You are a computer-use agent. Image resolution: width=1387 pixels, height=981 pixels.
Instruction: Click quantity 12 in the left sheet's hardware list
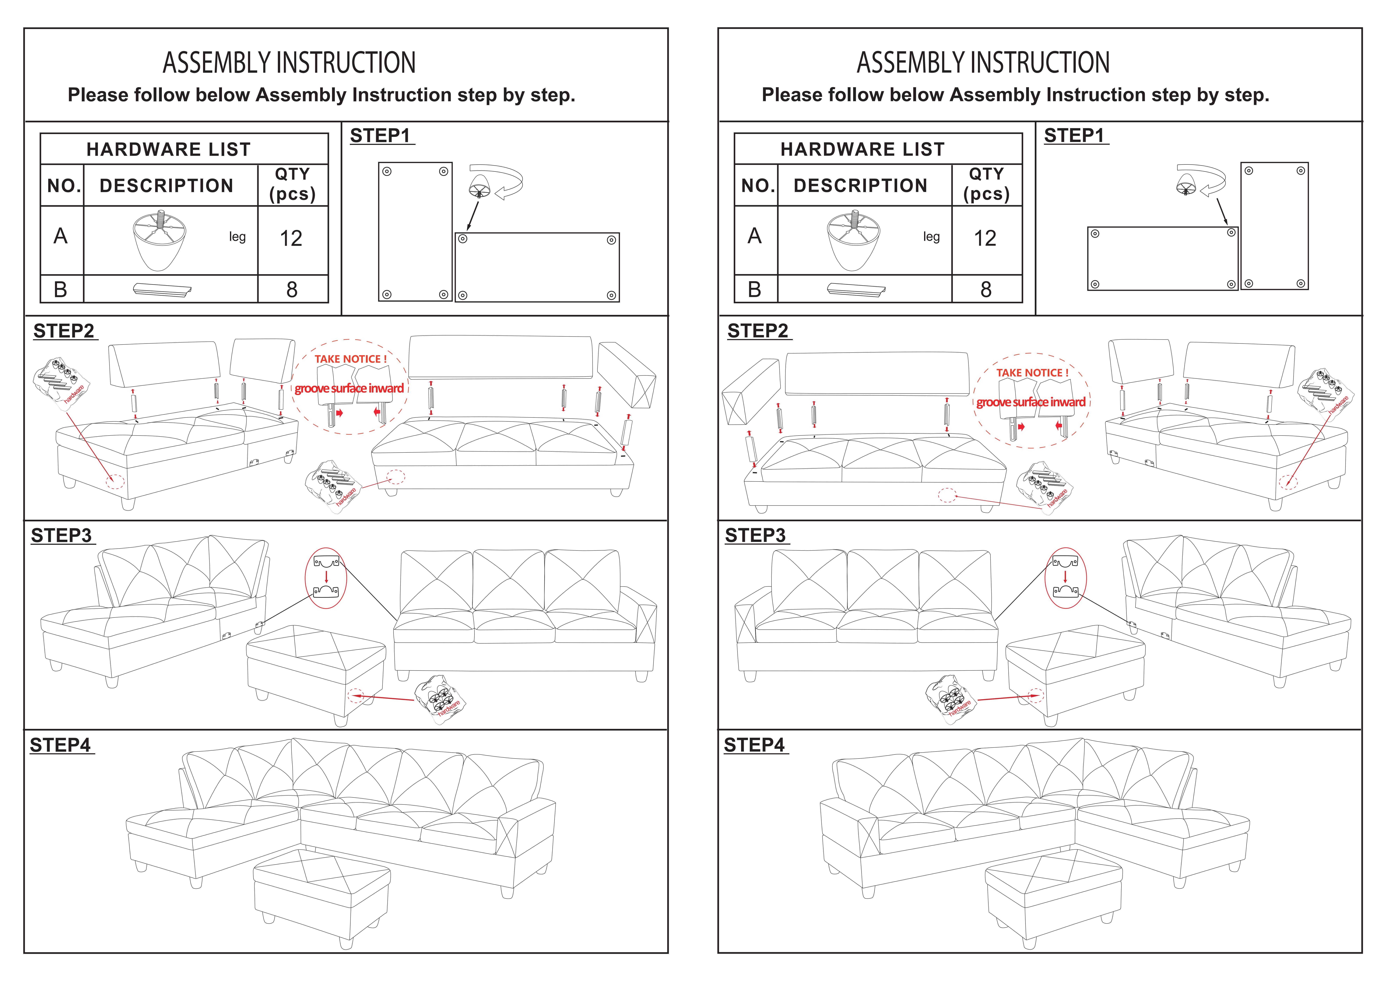coord(291,239)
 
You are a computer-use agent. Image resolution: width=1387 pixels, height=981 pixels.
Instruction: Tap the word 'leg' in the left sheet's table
coord(237,237)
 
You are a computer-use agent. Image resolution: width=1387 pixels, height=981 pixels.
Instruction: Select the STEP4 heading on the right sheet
coord(755,745)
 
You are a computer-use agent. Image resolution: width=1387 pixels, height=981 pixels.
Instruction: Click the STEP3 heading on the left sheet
coord(62,536)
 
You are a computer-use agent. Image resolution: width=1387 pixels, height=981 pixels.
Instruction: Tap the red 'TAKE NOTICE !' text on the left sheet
coord(350,359)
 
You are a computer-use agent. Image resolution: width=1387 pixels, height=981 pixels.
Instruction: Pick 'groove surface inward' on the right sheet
coord(1031,402)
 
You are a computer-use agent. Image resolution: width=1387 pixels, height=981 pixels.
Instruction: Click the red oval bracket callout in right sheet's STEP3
coord(1066,577)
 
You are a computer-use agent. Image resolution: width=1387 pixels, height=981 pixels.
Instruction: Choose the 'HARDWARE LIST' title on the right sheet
coord(862,149)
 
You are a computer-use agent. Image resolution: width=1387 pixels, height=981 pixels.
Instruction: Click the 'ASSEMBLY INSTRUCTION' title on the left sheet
coord(289,63)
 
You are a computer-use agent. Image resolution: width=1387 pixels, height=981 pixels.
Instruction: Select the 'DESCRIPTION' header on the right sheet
coord(860,185)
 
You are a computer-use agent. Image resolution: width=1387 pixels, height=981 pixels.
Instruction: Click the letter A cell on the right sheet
coord(755,236)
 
